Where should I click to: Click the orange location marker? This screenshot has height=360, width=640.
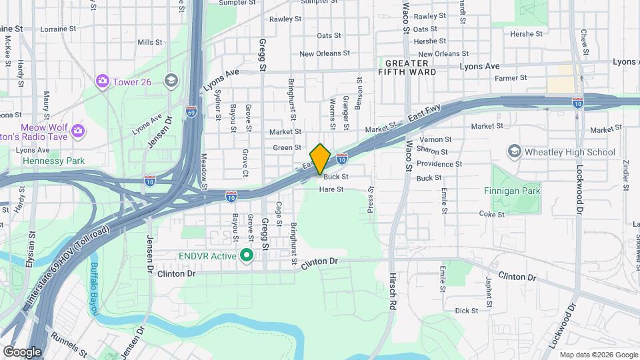point(321,159)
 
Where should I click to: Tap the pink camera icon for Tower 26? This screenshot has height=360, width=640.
point(102,81)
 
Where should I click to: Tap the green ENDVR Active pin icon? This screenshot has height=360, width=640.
point(246,255)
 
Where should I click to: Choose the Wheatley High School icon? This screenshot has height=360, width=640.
point(514,152)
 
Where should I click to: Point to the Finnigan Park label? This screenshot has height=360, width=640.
point(512,191)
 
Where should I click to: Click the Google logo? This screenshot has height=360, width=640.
point(22,351)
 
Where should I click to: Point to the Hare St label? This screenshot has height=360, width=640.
point(331,189)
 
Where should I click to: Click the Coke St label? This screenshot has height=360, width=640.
point(492,214)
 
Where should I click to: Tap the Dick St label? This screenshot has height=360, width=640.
point(466,311)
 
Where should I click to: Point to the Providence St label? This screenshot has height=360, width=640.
point(439,164)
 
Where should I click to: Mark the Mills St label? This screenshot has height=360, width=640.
point(145,42)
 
